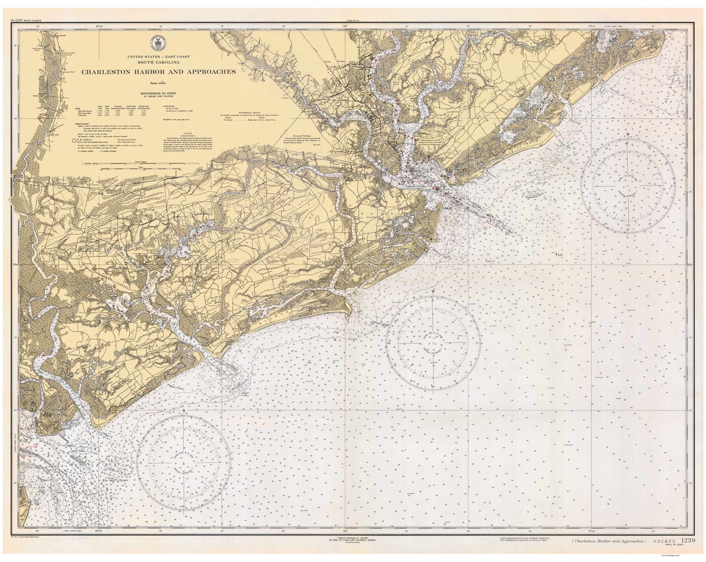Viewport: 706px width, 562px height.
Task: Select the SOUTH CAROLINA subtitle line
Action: (158, 63)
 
